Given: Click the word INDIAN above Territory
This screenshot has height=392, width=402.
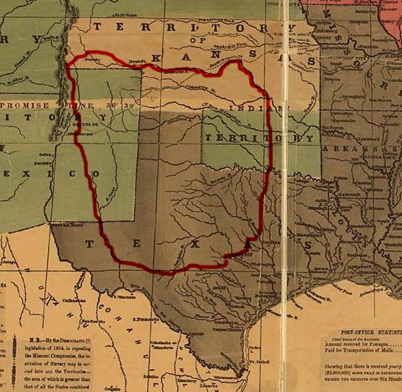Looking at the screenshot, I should (243, 108).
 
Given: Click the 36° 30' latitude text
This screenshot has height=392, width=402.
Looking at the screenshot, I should (122, 105).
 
